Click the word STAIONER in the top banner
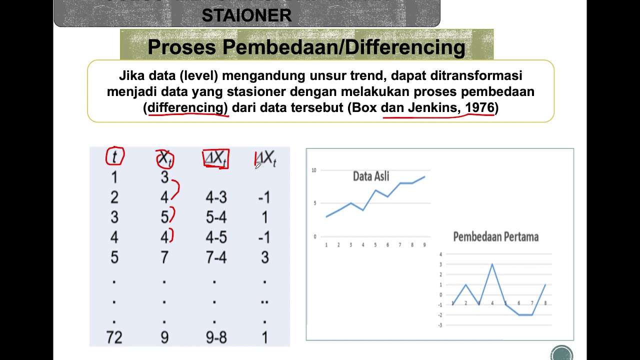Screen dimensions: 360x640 pyautogui.click(x=246, y=15)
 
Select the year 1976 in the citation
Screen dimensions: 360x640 pyautogui.click(x=479, y=107)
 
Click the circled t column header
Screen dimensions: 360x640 pyautogui.click(x=114, y=157)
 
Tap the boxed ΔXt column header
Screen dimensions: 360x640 pyautogui.click(x=215, y=158)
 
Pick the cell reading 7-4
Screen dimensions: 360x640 pyautogui.click(x=216, y=258)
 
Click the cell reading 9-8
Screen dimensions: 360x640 pyautogui.click(x=216, y=338)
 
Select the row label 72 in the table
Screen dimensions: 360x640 pyautogui.click(x=114, y=338)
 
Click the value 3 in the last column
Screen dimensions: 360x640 pyautogui.click(x=264, y=258)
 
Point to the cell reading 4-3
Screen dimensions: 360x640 pyautogui.click(x=216, y=198)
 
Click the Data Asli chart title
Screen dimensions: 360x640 pyautogui.click(x=371, y=176)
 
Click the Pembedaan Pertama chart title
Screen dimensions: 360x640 pyautogui.click(x=495, y=237)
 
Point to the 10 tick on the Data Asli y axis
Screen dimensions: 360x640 pyautogui.click(x=314, y=170)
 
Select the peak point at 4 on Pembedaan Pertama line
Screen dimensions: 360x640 pyautogui.click(x=492, y=264)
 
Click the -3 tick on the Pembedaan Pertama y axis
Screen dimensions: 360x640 pyautogui.click(x=440, y=325)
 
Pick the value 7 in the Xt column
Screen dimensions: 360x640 pyautogui.click(x=164, y=258)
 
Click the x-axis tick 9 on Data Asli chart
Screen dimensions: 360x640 pyautogui.click(x=424, y=245)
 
